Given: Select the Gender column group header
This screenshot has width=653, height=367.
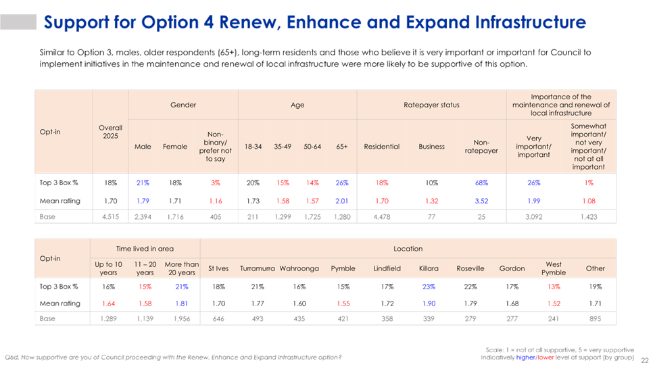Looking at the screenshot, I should [183, 105].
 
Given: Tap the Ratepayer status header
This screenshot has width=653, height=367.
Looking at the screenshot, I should [431, 105].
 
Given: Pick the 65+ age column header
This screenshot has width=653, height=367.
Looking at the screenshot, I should [341, 146].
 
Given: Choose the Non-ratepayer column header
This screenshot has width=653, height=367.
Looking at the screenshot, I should [481, 147].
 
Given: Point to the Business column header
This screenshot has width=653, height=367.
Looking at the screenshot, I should [431, 146].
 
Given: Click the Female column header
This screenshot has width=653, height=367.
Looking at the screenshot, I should [174, 146].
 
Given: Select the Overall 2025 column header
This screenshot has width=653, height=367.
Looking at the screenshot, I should [110, 132].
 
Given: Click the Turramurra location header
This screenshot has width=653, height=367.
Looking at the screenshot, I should [257, 268].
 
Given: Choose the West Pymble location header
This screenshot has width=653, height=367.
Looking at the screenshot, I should [554, 268].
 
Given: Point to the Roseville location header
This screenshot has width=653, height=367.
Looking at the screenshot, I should [470, 268].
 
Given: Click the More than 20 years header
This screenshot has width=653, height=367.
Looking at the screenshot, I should [181, 268].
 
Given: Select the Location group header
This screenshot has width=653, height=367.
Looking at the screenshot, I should [408, 249].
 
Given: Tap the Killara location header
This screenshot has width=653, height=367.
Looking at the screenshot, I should [429, 268].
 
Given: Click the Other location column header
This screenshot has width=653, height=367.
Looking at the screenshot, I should [596, 268].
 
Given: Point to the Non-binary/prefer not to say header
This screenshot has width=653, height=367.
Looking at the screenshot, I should [214, 146].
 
